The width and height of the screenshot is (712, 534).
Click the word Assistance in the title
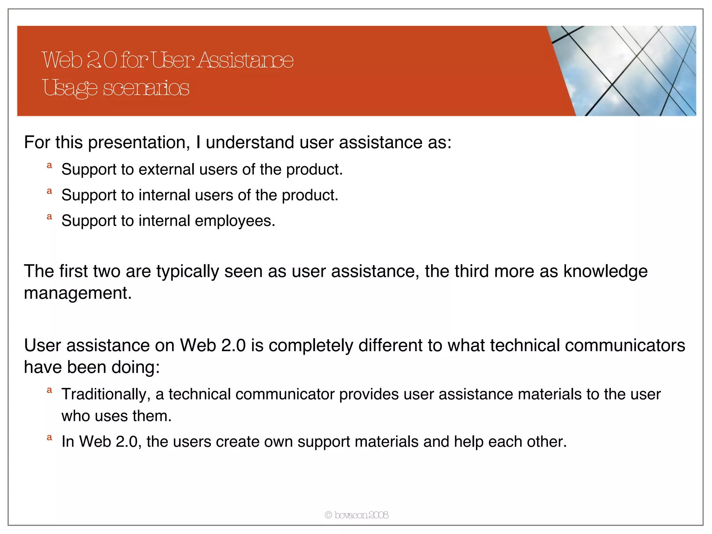[245, 60]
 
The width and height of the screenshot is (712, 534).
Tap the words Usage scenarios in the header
[116, 88]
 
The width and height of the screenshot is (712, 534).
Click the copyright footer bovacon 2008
[356, 515]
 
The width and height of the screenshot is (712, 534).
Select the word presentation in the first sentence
[139, 143]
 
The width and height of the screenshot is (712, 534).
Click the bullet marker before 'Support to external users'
[49, 165]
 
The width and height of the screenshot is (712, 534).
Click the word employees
[235, 221]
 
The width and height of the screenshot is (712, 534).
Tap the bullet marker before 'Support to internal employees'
[49, 217]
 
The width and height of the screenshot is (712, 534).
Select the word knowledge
[605, 271]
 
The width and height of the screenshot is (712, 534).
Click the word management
[78, 293]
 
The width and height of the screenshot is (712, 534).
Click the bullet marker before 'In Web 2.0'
[49, 438]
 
